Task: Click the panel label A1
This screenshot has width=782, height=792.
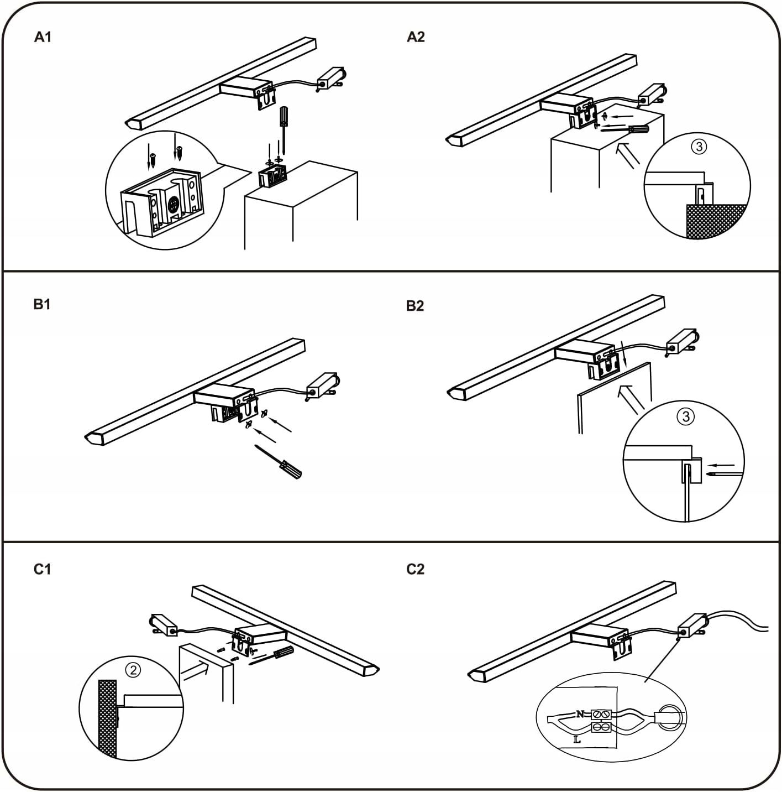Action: [x=43, y=37]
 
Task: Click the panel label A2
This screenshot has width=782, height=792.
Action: [x=416, y=37]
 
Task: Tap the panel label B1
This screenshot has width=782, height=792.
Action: [x=42, y=305]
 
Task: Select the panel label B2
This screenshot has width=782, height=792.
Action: [x=415, y=306]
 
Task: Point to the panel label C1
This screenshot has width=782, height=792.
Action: [x=43, y=570]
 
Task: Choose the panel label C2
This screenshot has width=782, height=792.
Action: [x=415, y=570]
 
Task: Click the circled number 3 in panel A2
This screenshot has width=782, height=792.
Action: [x=699, y=147]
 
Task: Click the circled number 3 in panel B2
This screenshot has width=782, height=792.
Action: [x=685, y=417]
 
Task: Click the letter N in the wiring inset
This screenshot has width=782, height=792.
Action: [x=580, y=714]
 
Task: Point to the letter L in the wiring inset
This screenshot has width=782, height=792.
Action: [x=577, y=740]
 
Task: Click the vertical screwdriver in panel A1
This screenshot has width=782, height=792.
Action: [x=283, y=131]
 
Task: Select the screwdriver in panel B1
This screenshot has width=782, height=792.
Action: [x=278, y=462]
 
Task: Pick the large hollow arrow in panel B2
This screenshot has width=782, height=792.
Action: [x=630, y=399]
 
